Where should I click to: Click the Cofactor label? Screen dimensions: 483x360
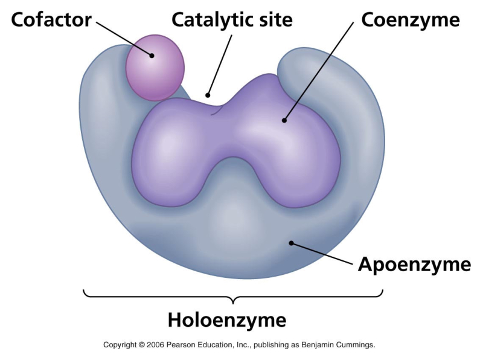pos(51,20)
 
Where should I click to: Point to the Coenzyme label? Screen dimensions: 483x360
pos(411,21)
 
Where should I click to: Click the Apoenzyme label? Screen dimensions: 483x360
pos(415,265)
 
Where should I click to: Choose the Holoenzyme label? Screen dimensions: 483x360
pos(227,321)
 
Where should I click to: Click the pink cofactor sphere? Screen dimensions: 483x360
pos(155,68)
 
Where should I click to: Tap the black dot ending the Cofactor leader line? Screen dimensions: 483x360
pos(152,56)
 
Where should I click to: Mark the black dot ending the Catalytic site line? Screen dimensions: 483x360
pos(208,95)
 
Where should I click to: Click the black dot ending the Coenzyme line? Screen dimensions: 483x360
pos(284,120)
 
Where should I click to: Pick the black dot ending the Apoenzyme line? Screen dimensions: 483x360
pos(291,243)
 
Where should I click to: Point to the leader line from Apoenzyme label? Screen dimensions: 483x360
pos(322,253)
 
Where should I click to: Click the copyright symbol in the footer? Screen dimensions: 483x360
pos(141,344)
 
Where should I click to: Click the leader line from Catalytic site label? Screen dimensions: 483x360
pos(220,65)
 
